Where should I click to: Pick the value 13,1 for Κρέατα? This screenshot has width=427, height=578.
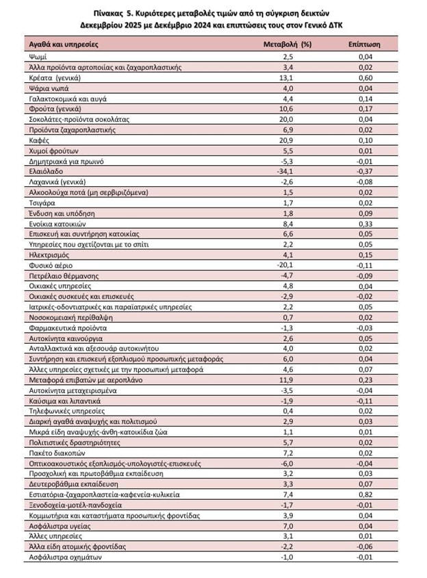[288, 78]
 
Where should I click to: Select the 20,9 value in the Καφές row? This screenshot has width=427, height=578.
[288, 139]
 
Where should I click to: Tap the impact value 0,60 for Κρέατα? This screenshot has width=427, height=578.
[370, 78]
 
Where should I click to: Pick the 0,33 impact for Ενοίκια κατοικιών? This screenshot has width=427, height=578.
[370, 223]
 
